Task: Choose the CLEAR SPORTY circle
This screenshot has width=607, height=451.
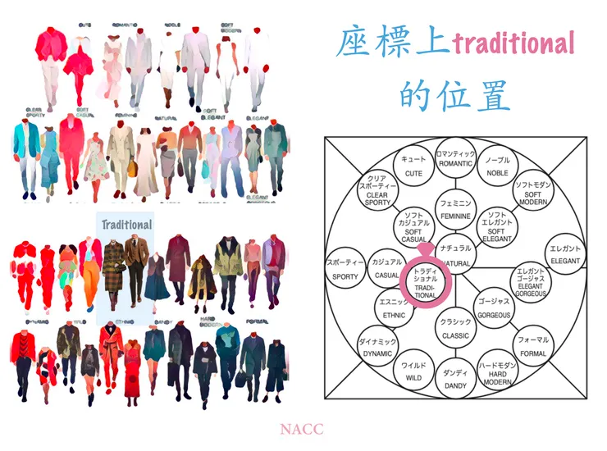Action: (x=378, y=192)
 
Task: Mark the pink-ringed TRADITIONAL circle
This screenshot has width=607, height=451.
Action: (x=426, y=280)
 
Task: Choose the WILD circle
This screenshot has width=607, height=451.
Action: (x=413, y=371)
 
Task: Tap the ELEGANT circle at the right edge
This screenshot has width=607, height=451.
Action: (x=566, y=253)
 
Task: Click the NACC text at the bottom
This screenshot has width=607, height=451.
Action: (x=302, y=429)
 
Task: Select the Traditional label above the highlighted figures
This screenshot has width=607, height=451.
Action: (x=126, y=224)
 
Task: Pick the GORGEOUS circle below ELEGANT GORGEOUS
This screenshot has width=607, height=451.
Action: (x=494, y=307)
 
